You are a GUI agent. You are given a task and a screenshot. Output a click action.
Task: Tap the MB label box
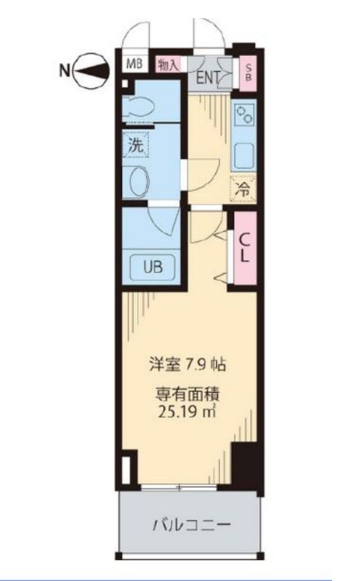[134, 64]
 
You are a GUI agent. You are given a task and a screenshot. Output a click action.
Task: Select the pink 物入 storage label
[168, 64]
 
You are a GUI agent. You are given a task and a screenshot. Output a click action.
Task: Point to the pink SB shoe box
[247, 73]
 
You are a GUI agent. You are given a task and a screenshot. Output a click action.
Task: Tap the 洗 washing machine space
[135, 146]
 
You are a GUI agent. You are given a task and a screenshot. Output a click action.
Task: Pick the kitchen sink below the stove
[245, 154]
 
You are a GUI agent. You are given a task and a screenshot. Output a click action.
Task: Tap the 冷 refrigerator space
[244, 188]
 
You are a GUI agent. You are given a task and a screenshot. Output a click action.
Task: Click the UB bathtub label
[153, 267]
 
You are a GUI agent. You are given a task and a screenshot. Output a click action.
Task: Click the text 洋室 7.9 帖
[186, 364]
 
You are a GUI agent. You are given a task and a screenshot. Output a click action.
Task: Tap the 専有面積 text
[186, 393]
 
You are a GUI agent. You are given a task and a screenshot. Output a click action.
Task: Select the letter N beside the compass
[64, 69]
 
